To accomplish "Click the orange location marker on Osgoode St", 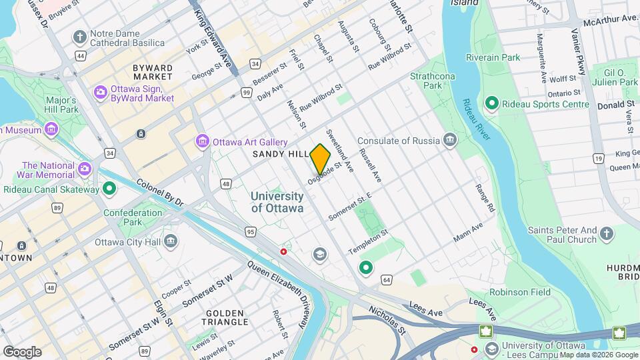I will point(321,158).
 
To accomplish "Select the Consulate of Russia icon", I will point(450,141).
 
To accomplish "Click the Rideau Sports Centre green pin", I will point(491,104).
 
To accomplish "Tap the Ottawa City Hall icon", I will point(171,241).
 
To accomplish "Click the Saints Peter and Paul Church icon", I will point(606,234).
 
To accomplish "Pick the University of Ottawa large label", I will point(277,202).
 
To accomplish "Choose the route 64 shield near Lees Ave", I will point(387,280).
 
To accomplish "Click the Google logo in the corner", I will point(22,351).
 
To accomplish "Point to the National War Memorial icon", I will point(84,168).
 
